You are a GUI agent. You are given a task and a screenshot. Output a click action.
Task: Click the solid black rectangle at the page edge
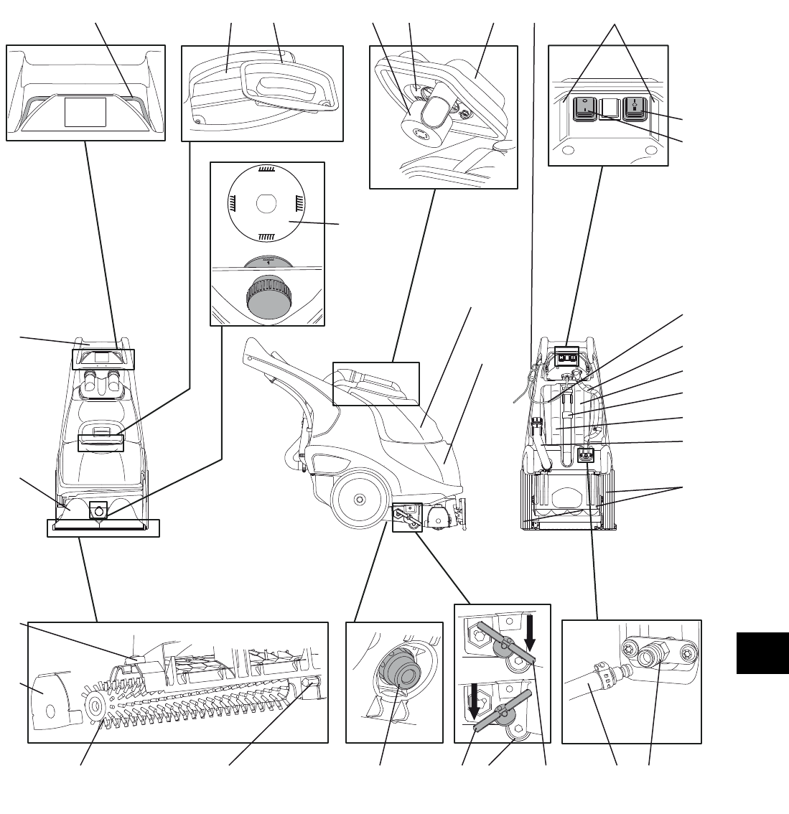pyautogui.click(x=762, y=652)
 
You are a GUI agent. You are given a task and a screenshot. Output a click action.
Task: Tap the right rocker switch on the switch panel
pyautogui.click(x=635, y=108)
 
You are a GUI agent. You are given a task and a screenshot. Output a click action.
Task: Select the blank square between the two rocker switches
pyautogui.click(x=609, y=108)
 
